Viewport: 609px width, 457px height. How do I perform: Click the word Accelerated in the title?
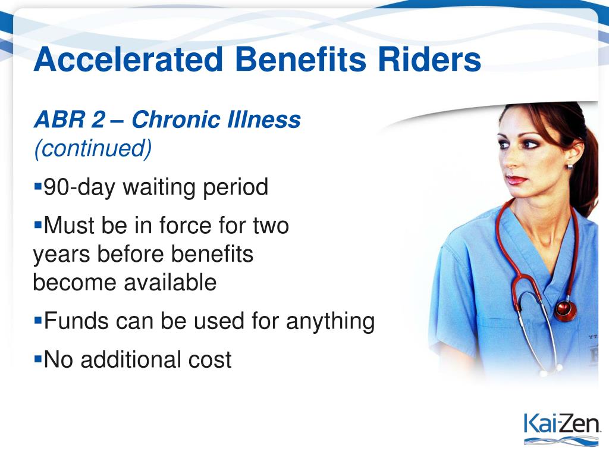pyautogui.click(x=128, y=59)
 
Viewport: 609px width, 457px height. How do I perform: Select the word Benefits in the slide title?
pyautogui.click(x=300, y=59)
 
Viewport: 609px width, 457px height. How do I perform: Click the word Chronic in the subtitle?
pyautogui.click(x=175, y=119)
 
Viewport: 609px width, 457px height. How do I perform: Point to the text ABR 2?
pyautogui.click(x=70, y=119)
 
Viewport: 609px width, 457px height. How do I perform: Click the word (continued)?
pyautogui.click(x=93, y=148)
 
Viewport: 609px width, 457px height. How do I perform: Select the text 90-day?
pyautogui.click(x=80, y=187)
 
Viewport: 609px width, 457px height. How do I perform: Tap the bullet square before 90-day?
pyautogui.click(x=37, y=186)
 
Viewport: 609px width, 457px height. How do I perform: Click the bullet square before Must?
pyautogui.click(x=37, y=224)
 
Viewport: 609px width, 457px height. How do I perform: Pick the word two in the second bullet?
pyautogui.click(x=271, y=226)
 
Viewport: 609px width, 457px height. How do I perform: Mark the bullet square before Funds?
pyautogui.click(x=37, y=320)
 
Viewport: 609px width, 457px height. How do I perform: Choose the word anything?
pyautogui.click(x=331, y=322)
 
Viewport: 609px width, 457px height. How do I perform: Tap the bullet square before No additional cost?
pyautogui.click(x=37, y=358)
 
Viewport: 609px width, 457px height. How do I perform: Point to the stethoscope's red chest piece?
pyautogui.click(x=565, y=309)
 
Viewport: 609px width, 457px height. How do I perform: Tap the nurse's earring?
pyautogui.click(x=570, y=166)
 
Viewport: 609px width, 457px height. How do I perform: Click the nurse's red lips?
pyautogui.click(x=517, y=180)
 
